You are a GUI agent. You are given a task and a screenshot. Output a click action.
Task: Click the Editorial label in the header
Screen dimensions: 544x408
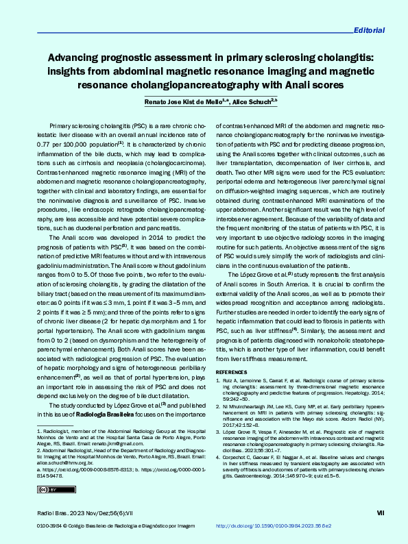[x=369, y=30]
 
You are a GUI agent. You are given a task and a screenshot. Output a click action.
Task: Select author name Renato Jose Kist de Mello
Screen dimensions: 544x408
[x=180, y=101]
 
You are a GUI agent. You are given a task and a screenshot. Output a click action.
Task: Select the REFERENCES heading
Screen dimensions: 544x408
[x=232, y=372]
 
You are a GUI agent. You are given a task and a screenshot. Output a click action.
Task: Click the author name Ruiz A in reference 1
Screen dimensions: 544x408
[x=228, y=379]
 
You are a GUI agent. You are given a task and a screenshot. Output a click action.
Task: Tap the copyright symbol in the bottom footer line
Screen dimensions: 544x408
[x=56, y=526]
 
